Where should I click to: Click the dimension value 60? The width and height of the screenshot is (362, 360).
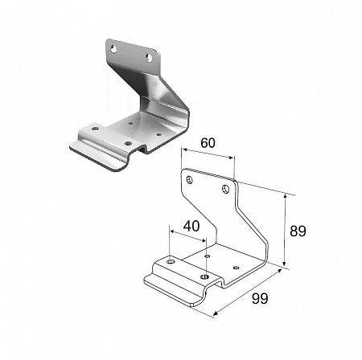[x=208, y=143]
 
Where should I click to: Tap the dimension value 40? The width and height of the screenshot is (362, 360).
[x=191, y=226]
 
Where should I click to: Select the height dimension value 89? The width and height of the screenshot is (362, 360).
[x=298, y=231]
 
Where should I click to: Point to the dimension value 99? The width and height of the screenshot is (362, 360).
[x=260, y=298]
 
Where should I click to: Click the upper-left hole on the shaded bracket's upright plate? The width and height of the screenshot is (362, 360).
[x=113, y=49]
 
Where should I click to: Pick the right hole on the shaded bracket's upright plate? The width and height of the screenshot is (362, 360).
[x=149, y=58]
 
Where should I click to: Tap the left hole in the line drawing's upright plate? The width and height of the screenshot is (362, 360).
[x=190, y=180]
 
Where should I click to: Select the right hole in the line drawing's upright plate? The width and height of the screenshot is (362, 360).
[x=226, y=189]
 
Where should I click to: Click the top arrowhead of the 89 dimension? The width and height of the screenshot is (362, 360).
[x=285, y=196]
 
